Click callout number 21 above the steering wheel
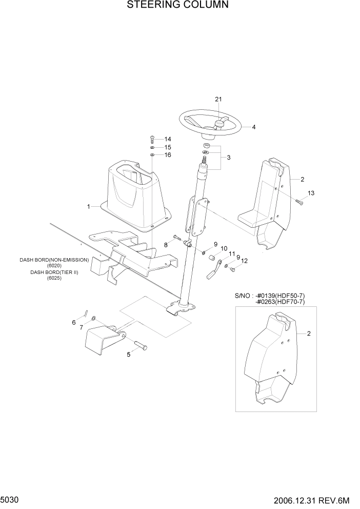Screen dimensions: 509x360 coord(218,99)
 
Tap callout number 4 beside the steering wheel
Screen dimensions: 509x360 coord(253,127)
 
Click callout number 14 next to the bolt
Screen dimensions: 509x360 coord(168,139)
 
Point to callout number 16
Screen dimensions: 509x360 coord(168,155)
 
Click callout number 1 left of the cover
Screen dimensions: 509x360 coord(88,206)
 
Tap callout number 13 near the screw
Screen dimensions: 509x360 coord(311,193)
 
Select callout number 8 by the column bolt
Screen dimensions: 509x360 coord(166,245)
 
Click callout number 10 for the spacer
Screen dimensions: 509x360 coord(224,249)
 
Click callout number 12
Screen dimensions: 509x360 coord(244,261)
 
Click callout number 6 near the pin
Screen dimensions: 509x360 coord(74,322)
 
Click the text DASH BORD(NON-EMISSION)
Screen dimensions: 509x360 coord(54,260)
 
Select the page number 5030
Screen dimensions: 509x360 coord(10,499)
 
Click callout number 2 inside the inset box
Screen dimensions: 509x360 coord(309,334)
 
